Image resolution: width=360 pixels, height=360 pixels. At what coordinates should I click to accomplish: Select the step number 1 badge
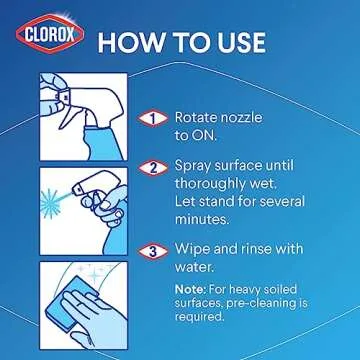(153, 117)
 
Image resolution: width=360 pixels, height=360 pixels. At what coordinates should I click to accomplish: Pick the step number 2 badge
(153, 168)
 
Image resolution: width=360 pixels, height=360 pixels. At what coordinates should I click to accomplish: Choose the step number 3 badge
(153, 249)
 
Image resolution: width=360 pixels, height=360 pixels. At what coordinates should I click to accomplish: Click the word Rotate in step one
(196, 116)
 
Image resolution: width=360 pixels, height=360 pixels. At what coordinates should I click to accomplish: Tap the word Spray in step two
(195, 168)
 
